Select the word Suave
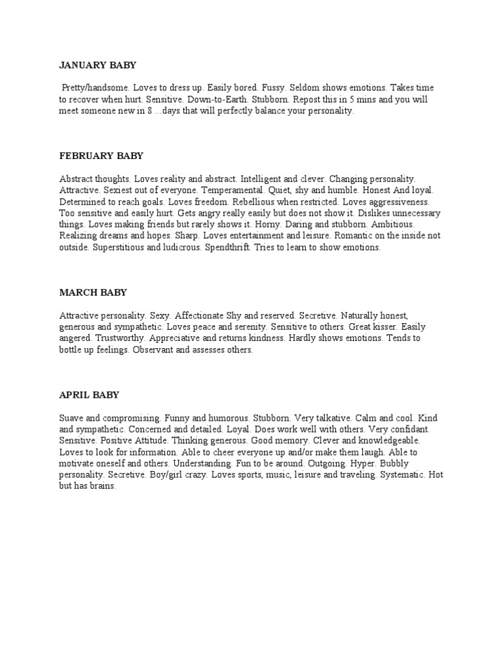pos(71,418)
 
